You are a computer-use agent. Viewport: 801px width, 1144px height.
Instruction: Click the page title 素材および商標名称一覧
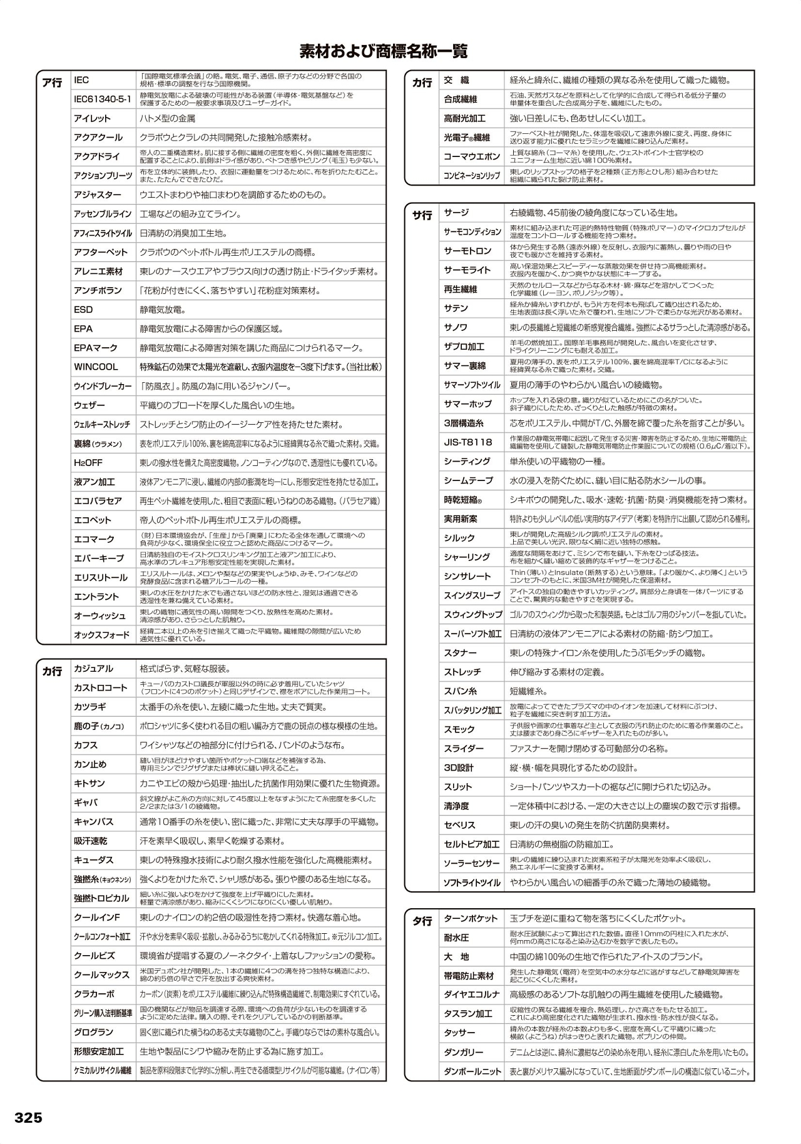point(383,51)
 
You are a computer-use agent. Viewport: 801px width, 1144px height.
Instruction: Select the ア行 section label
point(52,83)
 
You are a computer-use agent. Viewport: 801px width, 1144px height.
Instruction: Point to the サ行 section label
point(422,215)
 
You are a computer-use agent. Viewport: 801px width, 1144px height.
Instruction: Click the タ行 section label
point(422,921)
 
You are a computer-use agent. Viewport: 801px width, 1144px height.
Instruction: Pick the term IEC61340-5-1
point(102,99)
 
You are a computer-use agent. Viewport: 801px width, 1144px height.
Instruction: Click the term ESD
point(83,310)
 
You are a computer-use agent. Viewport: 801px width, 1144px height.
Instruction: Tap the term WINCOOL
point(96,367)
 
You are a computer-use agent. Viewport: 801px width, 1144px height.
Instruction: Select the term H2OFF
point(88,463)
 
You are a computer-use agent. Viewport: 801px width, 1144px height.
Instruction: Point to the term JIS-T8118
point(468,442)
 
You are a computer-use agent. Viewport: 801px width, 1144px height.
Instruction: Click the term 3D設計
point(459,767)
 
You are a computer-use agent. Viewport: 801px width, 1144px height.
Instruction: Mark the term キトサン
point(89,783)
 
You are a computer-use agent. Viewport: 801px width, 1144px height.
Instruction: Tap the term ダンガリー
point(463,1052)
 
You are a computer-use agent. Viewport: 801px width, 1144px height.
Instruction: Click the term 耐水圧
point(456,938)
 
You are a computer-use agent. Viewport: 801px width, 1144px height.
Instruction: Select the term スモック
point(459,729)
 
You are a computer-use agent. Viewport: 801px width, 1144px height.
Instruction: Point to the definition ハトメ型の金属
point(167,118)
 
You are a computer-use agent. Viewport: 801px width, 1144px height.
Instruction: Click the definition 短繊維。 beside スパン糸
point(529,691)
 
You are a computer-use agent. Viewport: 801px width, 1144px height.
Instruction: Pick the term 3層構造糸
point(464,423)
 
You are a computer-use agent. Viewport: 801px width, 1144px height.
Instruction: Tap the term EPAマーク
point(96,348)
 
